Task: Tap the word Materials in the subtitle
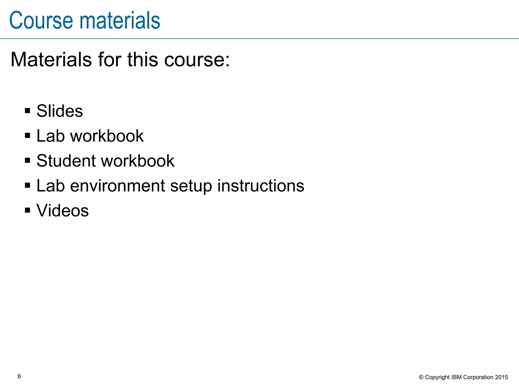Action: click(51, 60)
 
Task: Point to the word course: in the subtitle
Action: click(197, 60)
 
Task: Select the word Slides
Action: click(60, 111)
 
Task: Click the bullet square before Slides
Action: click(28, 111)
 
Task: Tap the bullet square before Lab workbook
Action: click(28, 135)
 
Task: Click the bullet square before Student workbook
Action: click(28, 160)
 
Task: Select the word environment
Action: click(117, 186)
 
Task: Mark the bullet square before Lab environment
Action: click(28, 185)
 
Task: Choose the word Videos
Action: click(63, 210)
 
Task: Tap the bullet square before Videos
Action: click(28, 210)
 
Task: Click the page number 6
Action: click(19, 376)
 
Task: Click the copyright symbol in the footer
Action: click(421, 377)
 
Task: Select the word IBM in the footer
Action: click(457, 377)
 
